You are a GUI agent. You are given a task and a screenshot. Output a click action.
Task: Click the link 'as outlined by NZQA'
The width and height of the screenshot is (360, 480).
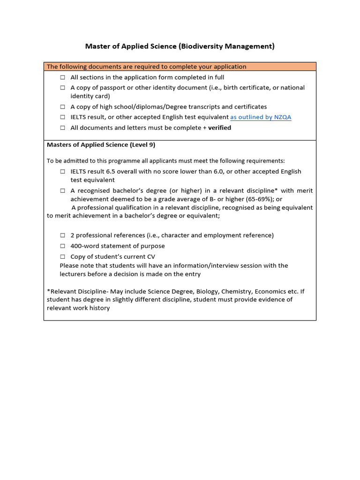(x=261, y=117)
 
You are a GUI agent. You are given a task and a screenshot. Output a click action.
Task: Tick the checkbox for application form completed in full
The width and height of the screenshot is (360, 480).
(x=62, y=77)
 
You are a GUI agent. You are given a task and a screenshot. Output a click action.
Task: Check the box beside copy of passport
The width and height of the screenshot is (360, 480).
(x=62, y=88)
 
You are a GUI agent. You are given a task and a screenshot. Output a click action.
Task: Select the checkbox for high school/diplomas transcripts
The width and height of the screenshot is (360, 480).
(x=62, y=107)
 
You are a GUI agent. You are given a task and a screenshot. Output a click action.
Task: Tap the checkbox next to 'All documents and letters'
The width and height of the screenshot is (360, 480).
(x=62, y=128)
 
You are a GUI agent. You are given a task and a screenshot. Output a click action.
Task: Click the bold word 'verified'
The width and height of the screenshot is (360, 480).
(x=219, y=128)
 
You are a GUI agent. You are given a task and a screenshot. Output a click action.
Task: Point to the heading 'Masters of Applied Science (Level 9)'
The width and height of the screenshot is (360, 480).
(x=101, y=145)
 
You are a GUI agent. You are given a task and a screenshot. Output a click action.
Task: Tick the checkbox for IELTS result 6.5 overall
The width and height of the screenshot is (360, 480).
(x=62, y=172)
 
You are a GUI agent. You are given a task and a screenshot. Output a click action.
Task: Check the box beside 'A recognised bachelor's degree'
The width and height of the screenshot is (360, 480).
(x=62, y=191)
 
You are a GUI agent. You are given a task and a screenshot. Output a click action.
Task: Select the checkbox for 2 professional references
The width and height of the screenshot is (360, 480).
(x=62, y=235)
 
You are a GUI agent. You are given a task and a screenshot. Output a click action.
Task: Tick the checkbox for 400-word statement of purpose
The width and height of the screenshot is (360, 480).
(x=62, y=246)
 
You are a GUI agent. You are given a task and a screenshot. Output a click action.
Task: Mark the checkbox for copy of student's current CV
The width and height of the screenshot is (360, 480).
(x=62, y=257)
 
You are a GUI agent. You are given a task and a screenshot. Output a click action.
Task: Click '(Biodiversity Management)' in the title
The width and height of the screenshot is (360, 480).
(x=226, y=46)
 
